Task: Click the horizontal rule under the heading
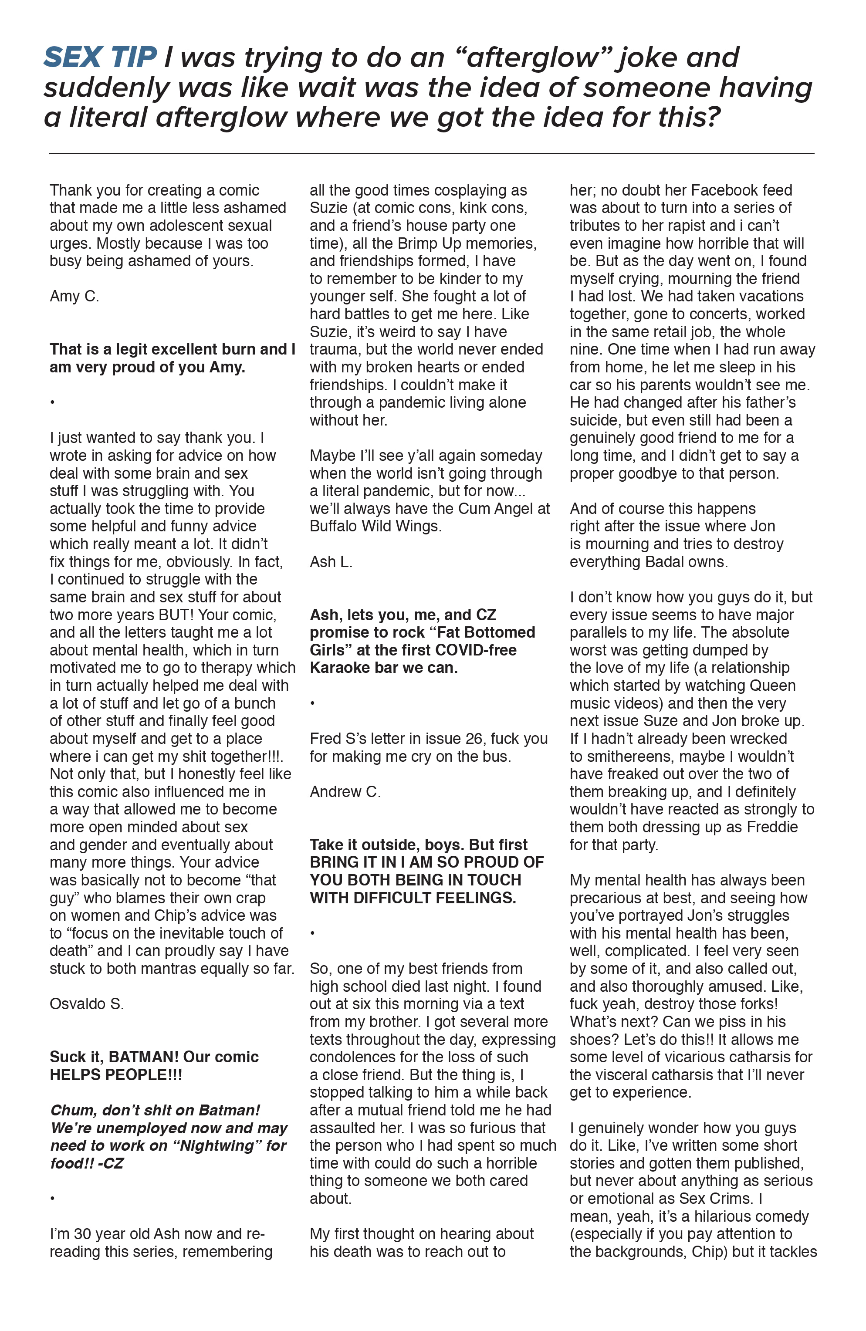[431, 153]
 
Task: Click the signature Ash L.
[331, 561]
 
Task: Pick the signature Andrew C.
[345, 791]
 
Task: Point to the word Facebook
[726, 190]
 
